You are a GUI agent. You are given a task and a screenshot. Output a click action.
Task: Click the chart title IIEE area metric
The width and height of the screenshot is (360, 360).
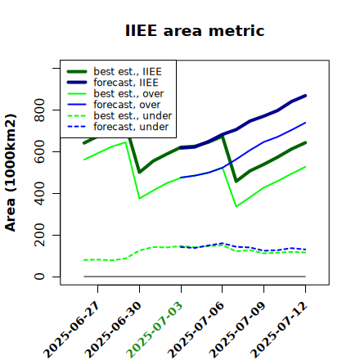[195, 30]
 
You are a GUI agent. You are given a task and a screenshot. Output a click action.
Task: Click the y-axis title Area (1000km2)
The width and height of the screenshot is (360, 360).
[11, 173]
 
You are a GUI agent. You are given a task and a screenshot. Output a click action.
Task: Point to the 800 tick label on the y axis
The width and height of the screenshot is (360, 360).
[39, 110]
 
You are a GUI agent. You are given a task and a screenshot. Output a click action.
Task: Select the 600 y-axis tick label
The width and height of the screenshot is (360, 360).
[39, 151]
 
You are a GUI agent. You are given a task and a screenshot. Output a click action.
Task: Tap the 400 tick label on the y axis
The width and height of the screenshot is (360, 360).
[39, 193]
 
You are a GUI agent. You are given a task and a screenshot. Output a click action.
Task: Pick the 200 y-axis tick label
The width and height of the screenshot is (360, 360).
[39, 235]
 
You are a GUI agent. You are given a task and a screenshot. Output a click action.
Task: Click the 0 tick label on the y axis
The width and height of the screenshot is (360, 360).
[39, 277]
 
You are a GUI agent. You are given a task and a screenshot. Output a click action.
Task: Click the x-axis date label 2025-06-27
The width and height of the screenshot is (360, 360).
[71, 330]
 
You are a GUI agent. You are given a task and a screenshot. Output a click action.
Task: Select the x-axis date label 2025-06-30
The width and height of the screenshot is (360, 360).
[113, 330]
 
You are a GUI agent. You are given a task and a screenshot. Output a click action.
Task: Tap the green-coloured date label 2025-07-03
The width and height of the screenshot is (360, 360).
[155, 330]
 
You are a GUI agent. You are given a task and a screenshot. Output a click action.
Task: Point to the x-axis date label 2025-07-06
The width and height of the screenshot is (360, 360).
[196, 330]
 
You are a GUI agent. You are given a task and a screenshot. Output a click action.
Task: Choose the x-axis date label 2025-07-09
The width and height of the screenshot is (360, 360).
[237, 330]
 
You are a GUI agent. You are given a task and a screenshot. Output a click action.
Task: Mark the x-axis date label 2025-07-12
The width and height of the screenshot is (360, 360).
[279, 330]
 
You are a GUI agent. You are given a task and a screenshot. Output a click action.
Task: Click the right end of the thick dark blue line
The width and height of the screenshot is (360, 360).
[305, 96]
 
